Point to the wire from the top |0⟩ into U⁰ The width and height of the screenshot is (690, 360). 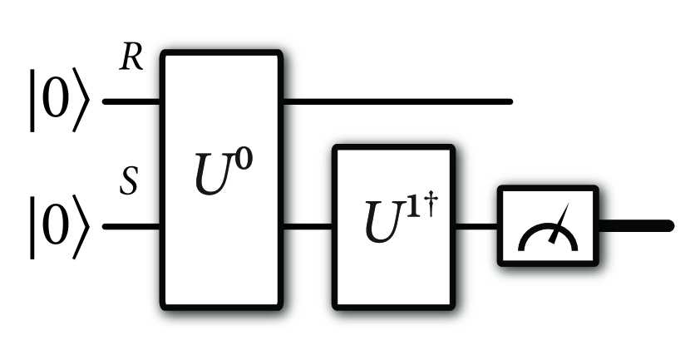(131, 102)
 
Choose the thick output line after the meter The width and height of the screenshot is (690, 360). (635, 224)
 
